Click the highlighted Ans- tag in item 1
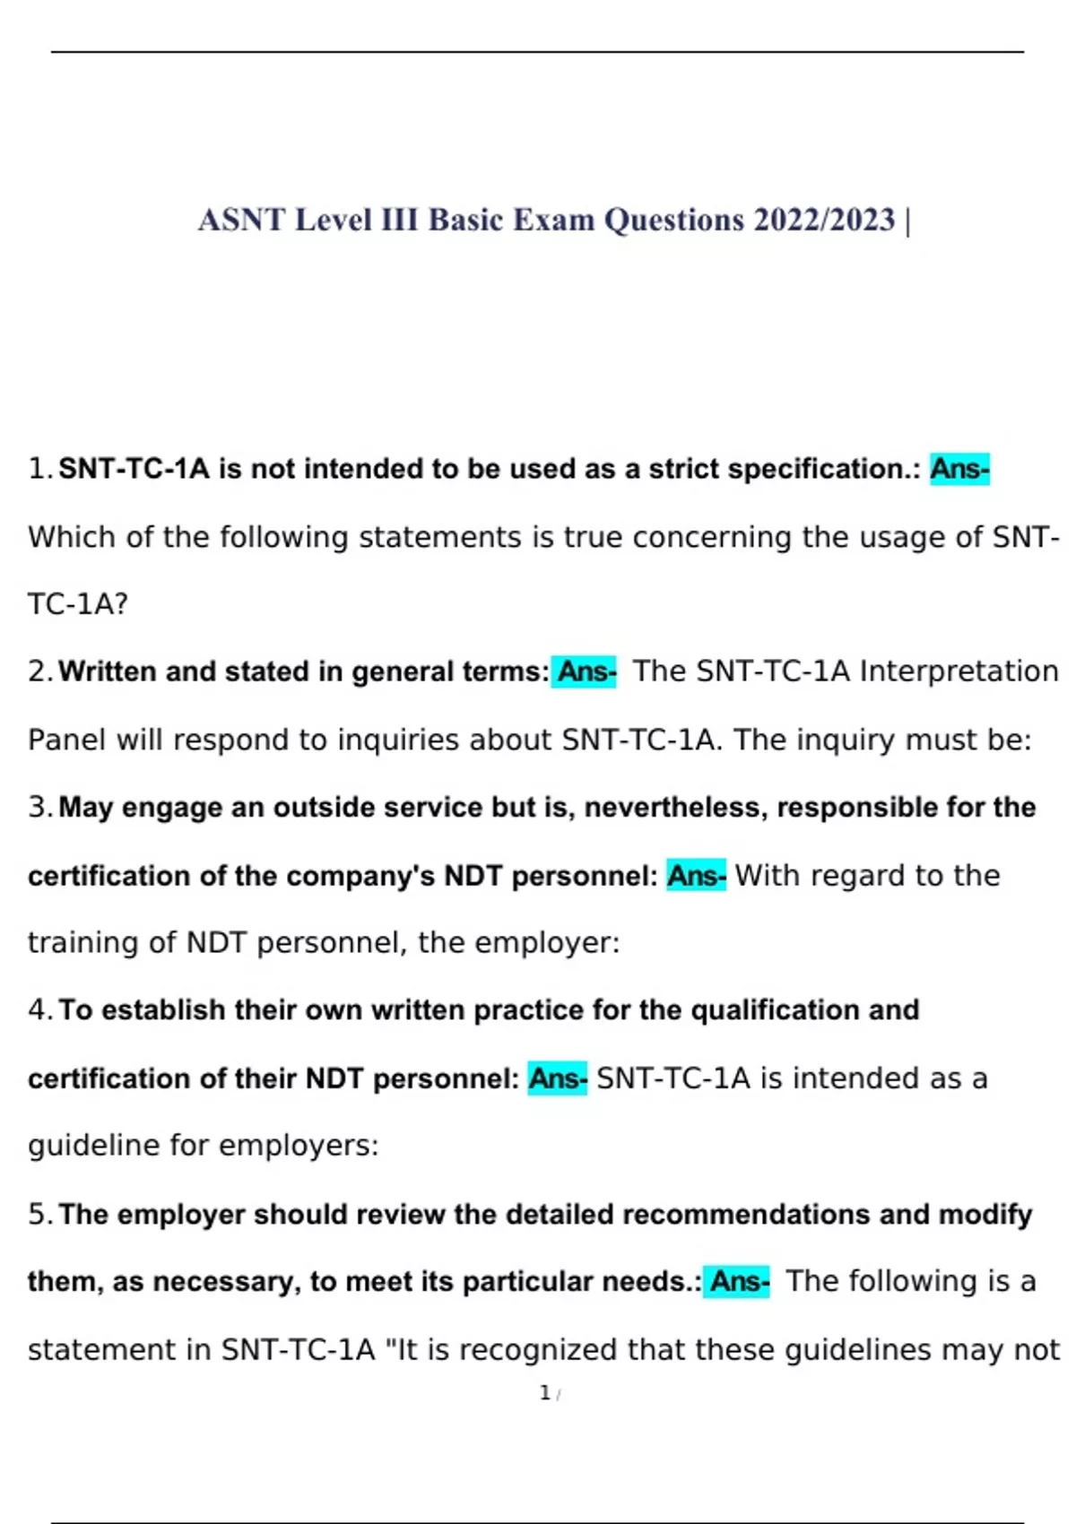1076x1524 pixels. click(x=959, y=469)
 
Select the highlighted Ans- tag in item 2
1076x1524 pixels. click(x=586, y=671)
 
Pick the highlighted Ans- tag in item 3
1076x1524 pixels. click(x=697, y=876)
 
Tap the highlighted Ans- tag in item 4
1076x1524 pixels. click(x=558, y=1078)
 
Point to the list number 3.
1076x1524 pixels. click(x=38, y=808)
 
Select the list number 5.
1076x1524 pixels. click(x=38, y=1215)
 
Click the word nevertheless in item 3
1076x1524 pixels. click(x=676, y=808)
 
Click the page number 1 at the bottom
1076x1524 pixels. click(x=544, y=1393)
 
